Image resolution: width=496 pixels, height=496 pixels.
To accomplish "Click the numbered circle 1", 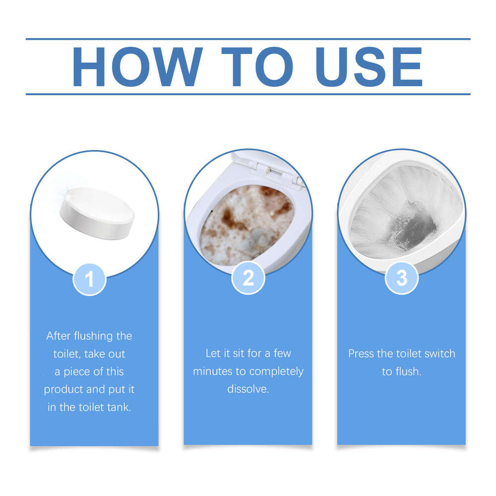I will point(89,279).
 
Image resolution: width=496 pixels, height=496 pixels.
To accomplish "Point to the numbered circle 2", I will point(248,278).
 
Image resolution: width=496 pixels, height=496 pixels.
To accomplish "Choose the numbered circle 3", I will point(401,278).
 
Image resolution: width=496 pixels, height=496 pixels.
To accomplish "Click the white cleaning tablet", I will point(97,212).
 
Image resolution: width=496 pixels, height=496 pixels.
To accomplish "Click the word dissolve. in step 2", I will point(248,389).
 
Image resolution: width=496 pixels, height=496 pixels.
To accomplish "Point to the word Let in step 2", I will point(212,354).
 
